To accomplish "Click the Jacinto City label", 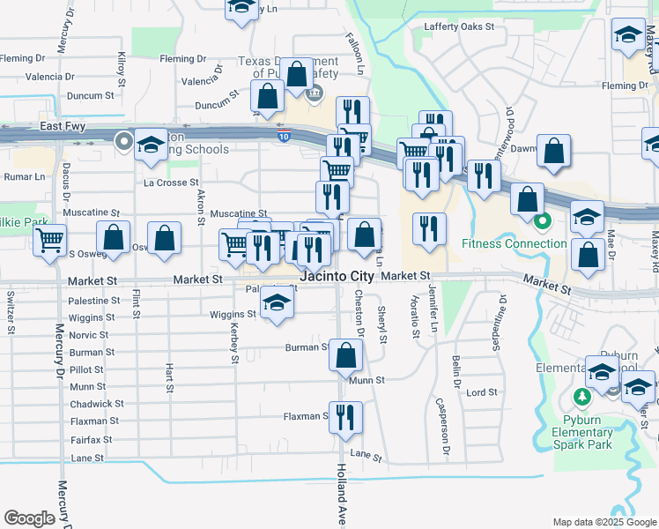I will [337, 276].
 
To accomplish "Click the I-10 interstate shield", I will [282, 137].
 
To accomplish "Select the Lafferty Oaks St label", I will [459, 26].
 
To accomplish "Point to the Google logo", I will [29, 518].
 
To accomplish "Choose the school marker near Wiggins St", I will [278, 305].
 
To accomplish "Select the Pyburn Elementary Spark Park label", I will [581, 432].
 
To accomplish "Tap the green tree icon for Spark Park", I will [581, 398].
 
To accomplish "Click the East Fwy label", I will [61, 127].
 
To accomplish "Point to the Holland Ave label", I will [340, 503].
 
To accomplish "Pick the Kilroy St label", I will [122, 68].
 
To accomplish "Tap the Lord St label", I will [482, 392].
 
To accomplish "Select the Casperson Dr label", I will [444, 426].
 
